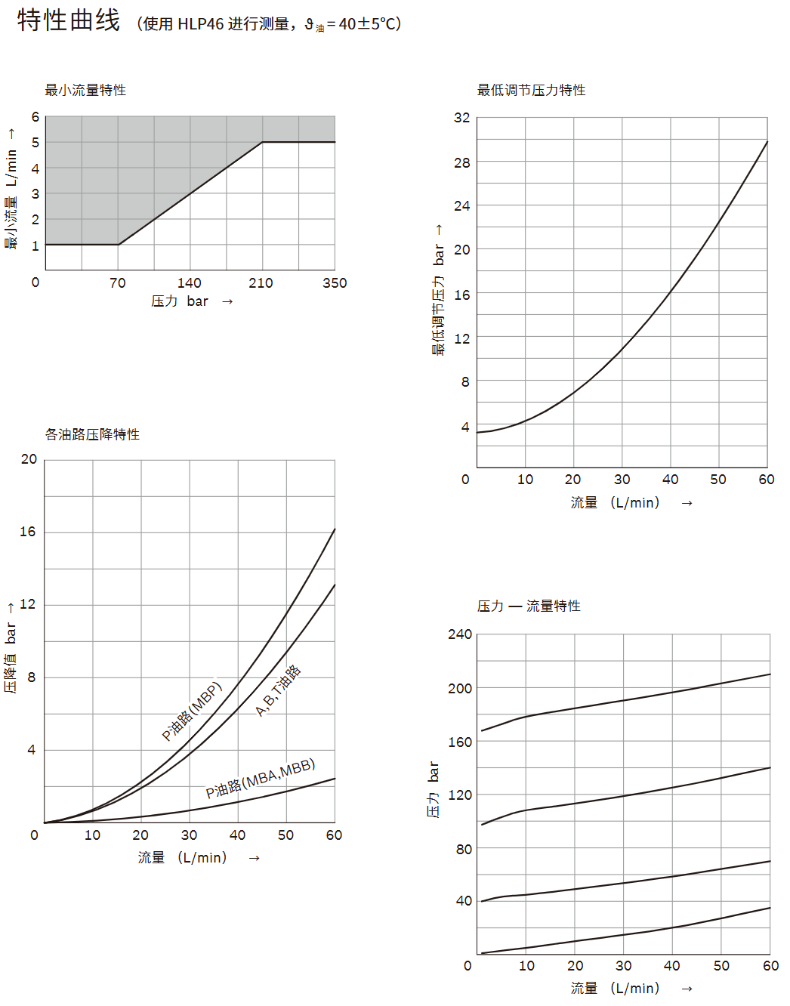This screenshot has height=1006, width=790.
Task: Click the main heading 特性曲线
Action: pyautogui.click(x=69, y=20)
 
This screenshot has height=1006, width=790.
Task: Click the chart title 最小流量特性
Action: pyautogui.click(x=85, y=91)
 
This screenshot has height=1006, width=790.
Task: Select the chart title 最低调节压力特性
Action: pyautogui.click(x=531, y=91)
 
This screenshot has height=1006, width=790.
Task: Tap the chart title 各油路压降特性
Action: pyautogui.click(x=92, y=434)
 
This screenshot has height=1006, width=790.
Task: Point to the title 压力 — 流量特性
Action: pyautogui.click(x=529, y=606)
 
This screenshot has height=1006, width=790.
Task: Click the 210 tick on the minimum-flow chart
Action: pyautogui.click(x=261, y=283)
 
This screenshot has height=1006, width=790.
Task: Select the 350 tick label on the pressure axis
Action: pyautogui.click(x=335, y=283)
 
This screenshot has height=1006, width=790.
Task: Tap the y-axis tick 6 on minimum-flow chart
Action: pyautogui.click(x=35, y=117)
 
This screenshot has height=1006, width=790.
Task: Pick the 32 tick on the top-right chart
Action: pyautogui.click(x=461, y=118)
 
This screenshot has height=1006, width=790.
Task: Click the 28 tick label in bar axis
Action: pyautogui.click(x=461, y=162)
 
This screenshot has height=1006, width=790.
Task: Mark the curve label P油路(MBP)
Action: pyautogui.click(x=192, y=711)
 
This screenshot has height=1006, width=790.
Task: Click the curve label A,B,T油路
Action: pyautogui.click(x=278, y=691)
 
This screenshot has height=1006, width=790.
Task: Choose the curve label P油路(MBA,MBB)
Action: pyautogui.click(x=261, y=779)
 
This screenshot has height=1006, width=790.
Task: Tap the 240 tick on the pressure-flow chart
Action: pyautogui.click(x=459, y=634)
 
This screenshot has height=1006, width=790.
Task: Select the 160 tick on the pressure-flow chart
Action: pyautogui.click(x=459, y=742)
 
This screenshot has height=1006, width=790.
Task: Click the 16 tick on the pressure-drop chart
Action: pyautogui.click(x=28, y=532)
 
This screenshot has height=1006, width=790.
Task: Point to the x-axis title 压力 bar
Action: pyautogui.click(x=180, y=301)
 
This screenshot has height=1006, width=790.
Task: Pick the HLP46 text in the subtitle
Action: pyautogui.click(x=201, y=24)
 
